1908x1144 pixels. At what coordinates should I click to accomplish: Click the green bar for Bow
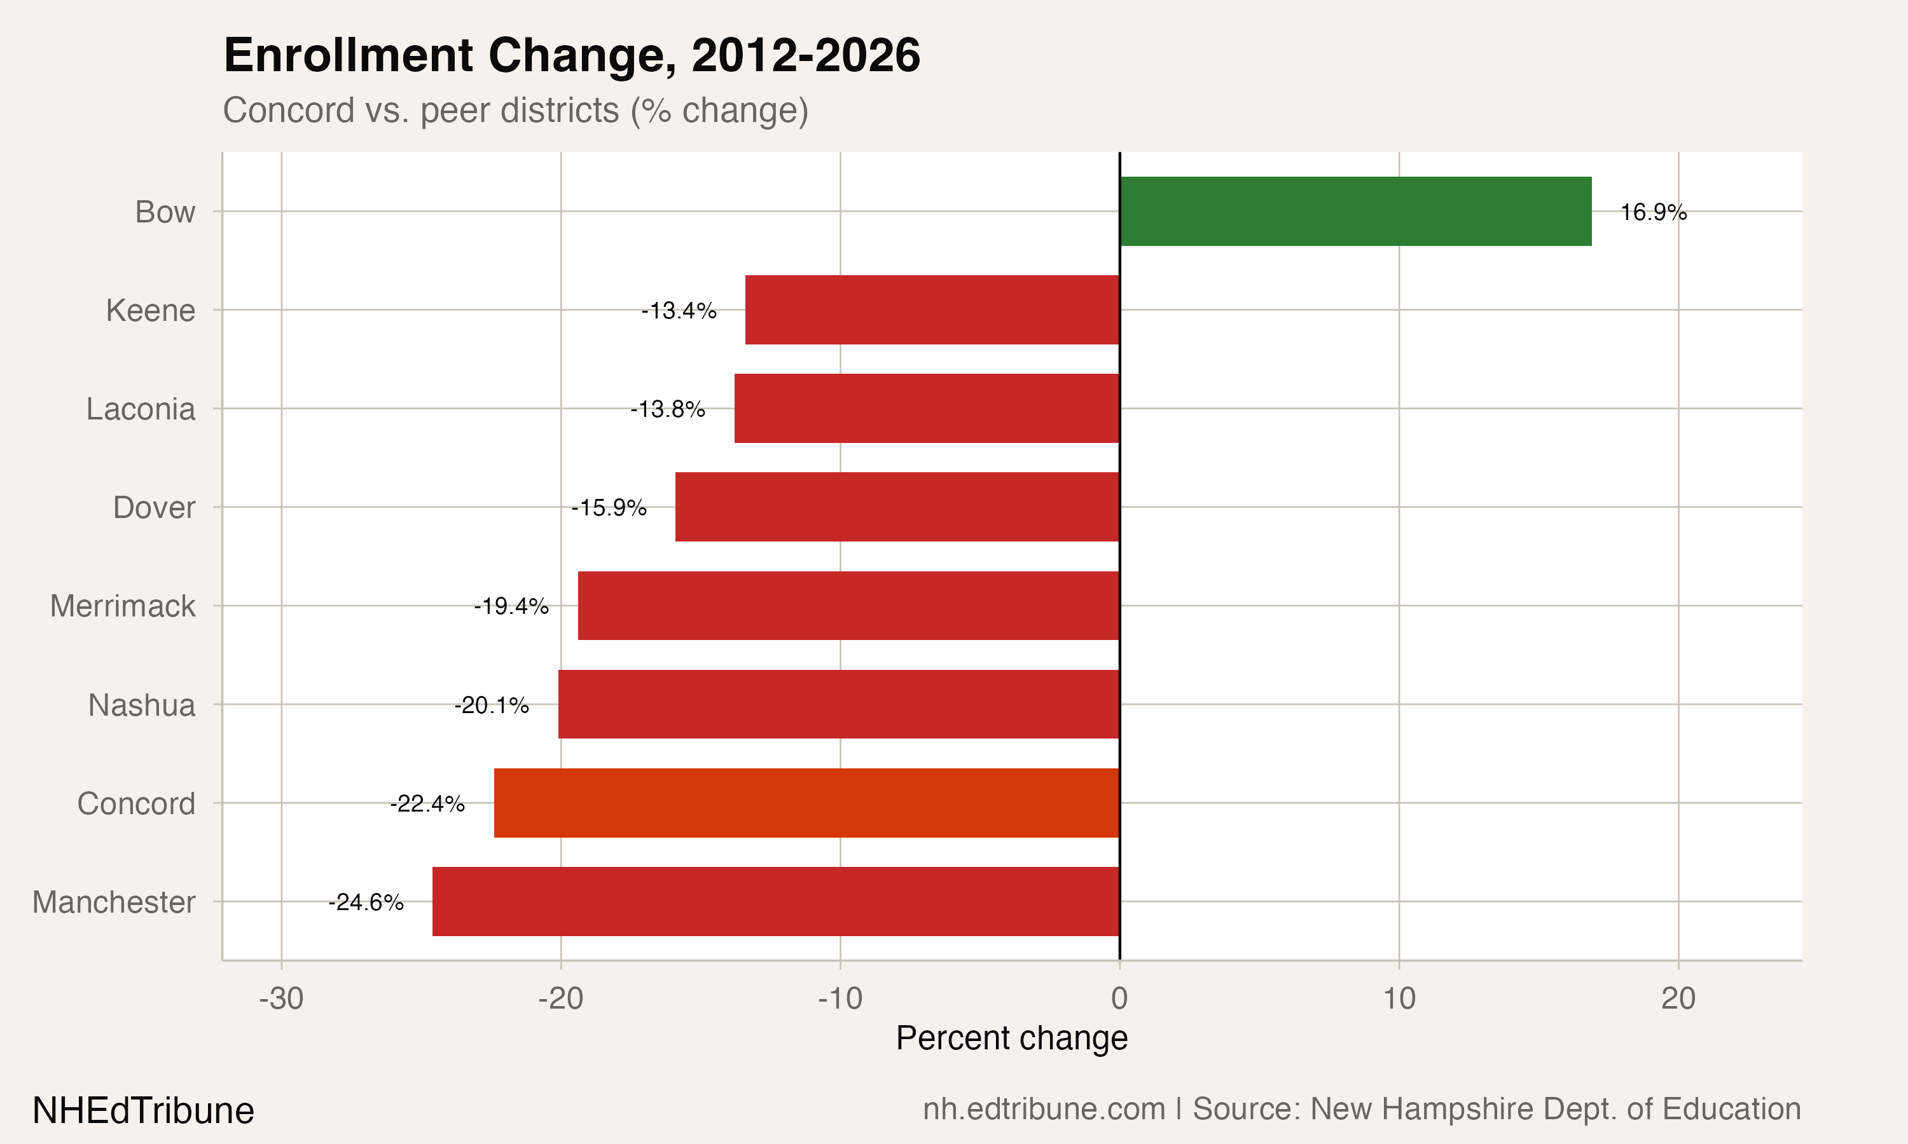pyautogui.click(x=1355, y=211)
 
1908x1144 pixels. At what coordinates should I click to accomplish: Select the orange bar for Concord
pyautogui.click(x=806, y=803)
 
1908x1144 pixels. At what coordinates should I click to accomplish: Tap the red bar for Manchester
pyautogui.click(x=775, y=901)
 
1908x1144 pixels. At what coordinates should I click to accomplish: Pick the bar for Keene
pyautogui.click(x=932, y=310)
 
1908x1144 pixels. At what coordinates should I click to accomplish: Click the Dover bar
pyautogui.click(x=897, y=507)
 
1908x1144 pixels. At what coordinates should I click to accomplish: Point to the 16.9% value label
pyautogui.click(x=1653, y=212)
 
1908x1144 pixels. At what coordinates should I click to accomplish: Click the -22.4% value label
pyautogui.click(x=427, y=803)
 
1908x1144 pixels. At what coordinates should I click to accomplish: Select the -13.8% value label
pyautogui.click(x=668, y=409)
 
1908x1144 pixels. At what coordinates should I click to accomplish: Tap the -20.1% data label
pyautogui.click(x=491, y=705)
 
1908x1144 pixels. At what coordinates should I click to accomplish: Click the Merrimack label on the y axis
pyautogui.click(x=123, y=606)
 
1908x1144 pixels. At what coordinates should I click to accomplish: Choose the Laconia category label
pyautogui.click(x=141, y=409)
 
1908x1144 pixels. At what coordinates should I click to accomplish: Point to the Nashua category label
pyautogui.click(x=142, y=705)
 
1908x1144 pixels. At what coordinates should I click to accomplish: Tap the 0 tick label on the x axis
pyautogui.click(x=1119, y=998)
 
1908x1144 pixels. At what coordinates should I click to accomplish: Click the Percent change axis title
pyautogui.click(x=1011, y=1038)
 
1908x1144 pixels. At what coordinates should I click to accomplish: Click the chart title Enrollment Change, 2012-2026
pyautogui.click(x=572, y=55)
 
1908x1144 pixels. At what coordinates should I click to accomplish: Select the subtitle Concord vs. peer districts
pyautogui.click(x=515, y=110)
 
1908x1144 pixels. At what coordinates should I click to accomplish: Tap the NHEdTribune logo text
pyautogui.click(x=144, y=1110)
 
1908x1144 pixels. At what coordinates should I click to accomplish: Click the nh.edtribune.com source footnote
pyautogui.click(x=1361, y=1108)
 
